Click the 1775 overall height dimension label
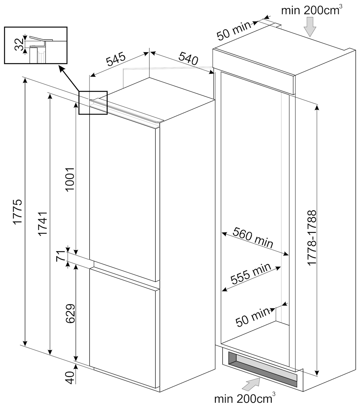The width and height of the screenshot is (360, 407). pos(17,211)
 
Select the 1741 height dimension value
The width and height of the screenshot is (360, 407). pos(43,223)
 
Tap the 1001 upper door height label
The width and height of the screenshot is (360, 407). pos(70,179)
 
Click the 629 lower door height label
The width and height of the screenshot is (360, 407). pos(70,313)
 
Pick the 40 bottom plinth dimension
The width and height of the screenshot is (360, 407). pos(70,377)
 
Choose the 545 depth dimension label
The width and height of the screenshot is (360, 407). pos(116,59)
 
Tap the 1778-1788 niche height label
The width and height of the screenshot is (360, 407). pos(311,237)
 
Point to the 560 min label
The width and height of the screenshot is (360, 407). pos(253,237)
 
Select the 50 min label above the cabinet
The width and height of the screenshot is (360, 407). pos(234,30)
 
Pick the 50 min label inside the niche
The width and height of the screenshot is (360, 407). pos(253,317)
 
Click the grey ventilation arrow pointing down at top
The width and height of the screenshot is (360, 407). pos(310,26)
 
